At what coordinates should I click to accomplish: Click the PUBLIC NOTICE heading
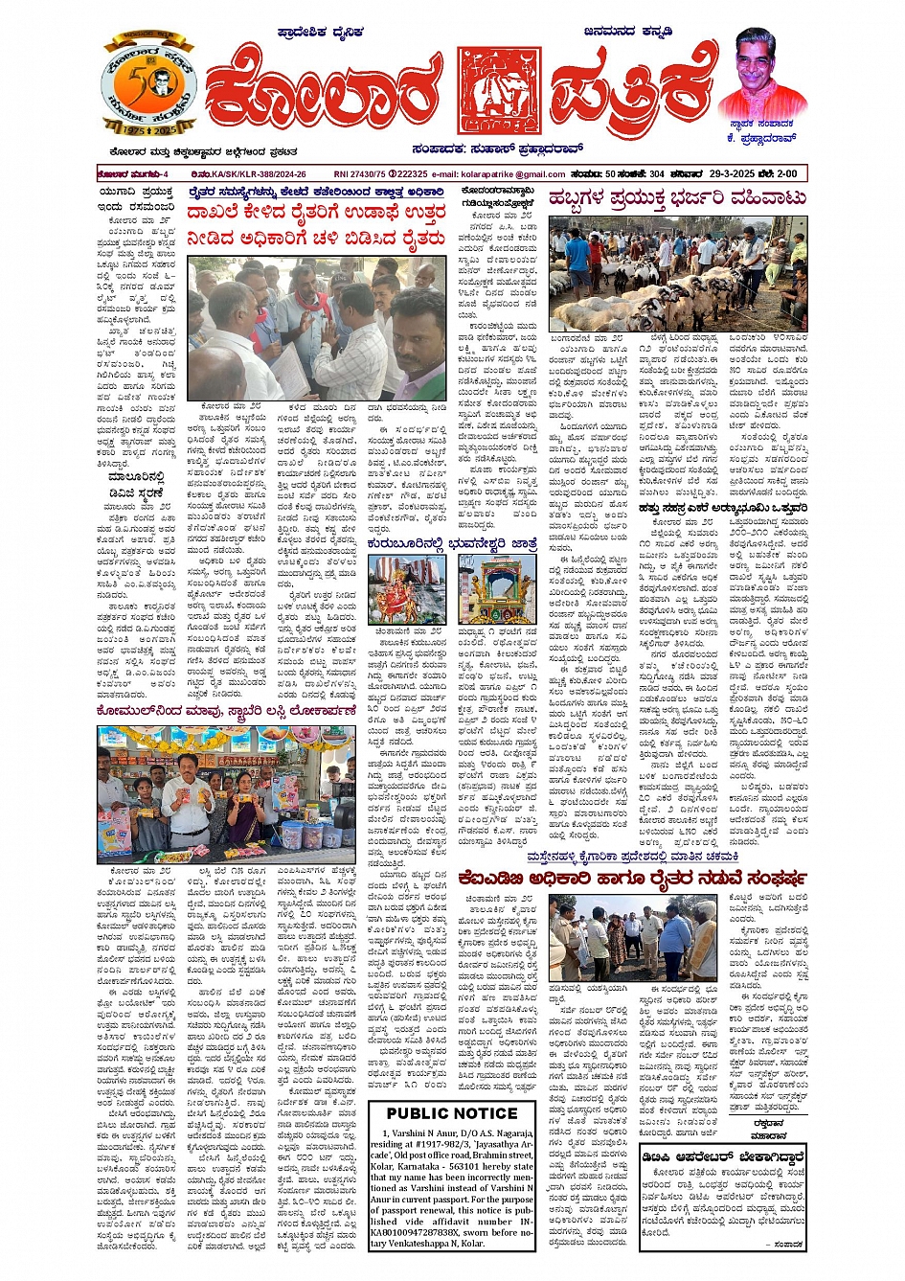tap(452, 1113)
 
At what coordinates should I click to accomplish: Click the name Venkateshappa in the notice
tap(430, 1246)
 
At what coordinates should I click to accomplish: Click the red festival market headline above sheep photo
tap(677, 199)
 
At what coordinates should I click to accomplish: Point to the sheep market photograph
tap(678, 274)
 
